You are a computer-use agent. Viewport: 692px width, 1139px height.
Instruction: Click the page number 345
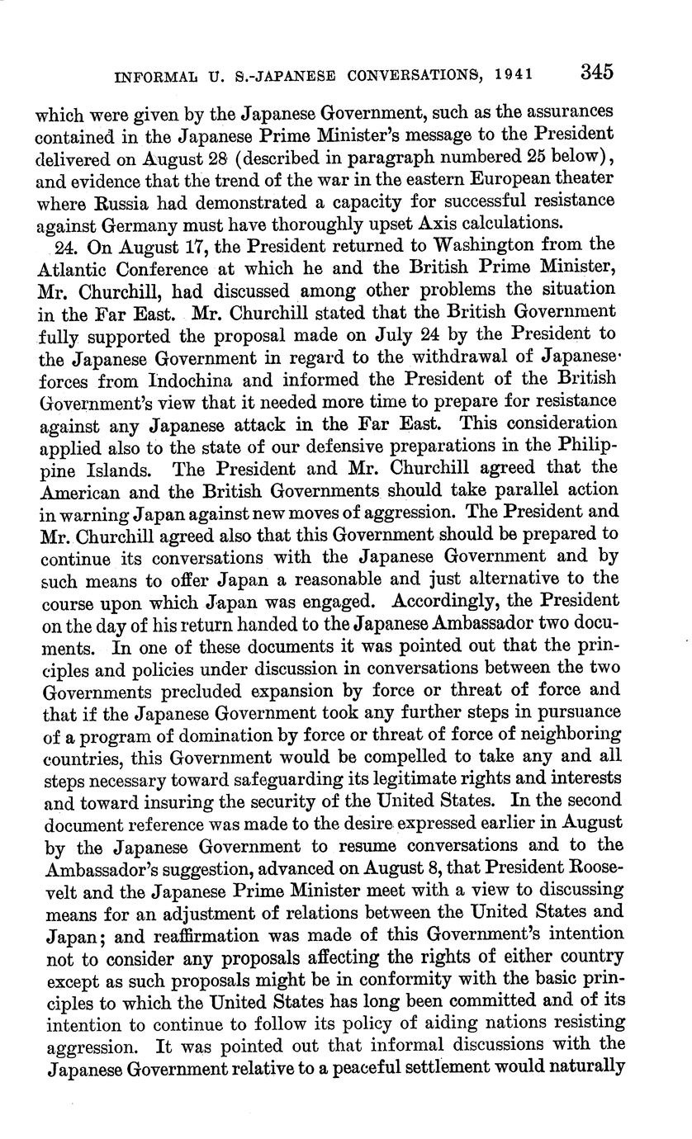[596, 72]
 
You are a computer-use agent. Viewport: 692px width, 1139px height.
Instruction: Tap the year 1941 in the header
[514, 74]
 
